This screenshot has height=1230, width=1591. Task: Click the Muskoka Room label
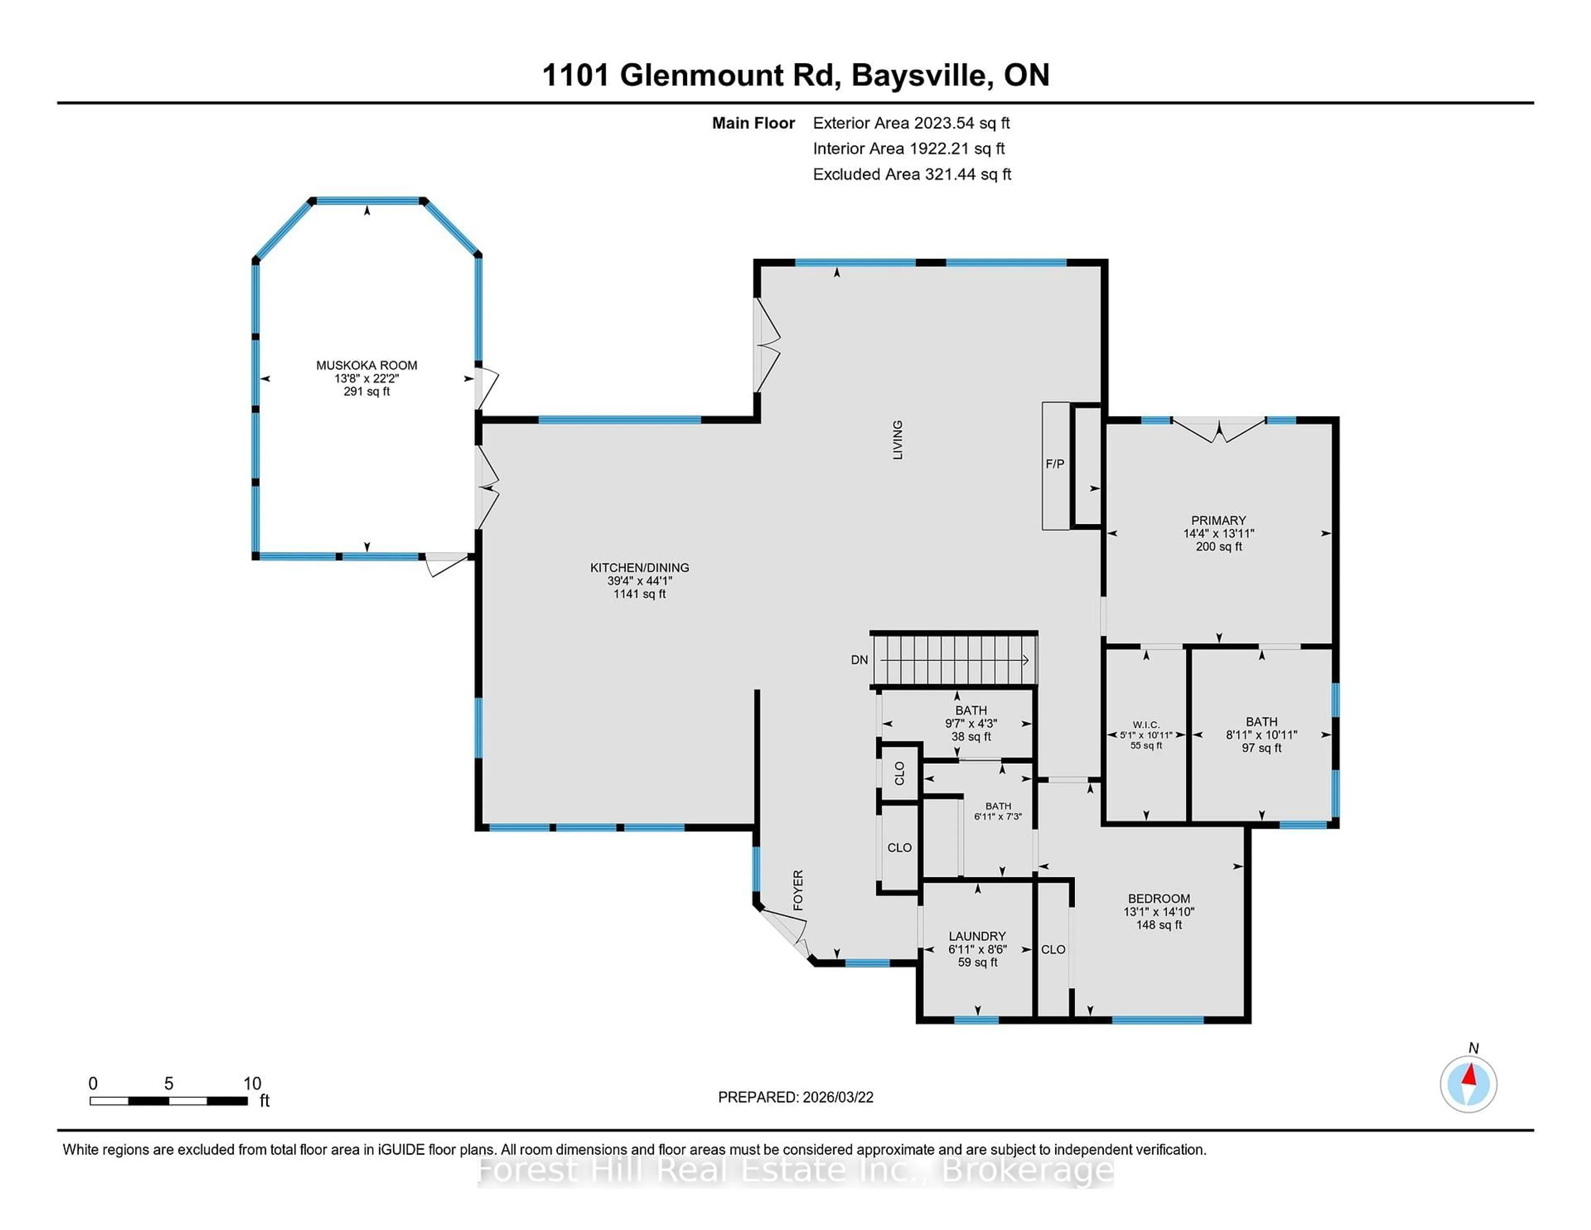point(366,365)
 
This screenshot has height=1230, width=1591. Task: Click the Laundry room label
point(977,936)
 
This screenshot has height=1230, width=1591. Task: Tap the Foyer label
point(798,890)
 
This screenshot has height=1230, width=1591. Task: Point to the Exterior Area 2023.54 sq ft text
point(911,123)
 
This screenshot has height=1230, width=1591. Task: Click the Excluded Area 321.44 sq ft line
point(912,174)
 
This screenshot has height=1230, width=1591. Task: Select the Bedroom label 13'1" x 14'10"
point(1158,912)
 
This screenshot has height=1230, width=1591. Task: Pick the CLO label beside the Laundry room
point(1053,949)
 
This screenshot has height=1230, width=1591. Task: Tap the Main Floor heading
point(753,123)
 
